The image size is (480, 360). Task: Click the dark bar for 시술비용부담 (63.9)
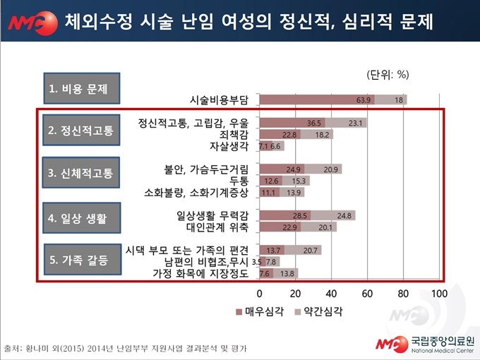[x=317, y=100]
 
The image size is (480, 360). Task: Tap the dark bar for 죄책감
[x=280, y=134]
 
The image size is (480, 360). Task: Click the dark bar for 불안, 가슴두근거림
[x=282, y=169]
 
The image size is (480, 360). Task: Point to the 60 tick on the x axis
[x=367, y=293]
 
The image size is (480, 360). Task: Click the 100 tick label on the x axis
[x=439, y=293]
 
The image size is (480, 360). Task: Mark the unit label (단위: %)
[x=388, y=73]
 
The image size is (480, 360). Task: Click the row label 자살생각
[x=231, y=146]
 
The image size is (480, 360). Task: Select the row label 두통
[x=239, y=181]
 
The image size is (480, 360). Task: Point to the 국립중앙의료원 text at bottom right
[x=441, y=339]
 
